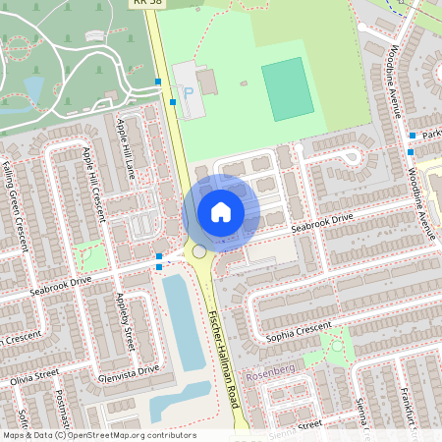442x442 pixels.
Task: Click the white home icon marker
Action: tap(221, 211)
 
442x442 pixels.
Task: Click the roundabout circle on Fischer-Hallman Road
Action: tap(199, 252)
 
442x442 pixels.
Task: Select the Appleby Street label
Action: tap(125, 323)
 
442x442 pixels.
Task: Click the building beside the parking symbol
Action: tap(207, 81)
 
